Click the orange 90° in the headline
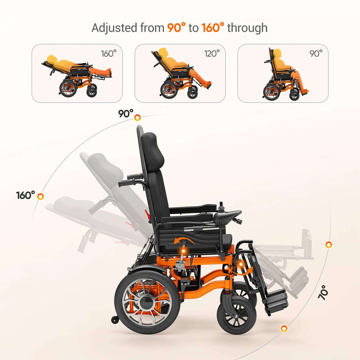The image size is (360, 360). click(x=176, y=27)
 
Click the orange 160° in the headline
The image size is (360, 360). click(x=212, y=27)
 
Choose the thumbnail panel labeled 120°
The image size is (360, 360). click(x=180, y=73)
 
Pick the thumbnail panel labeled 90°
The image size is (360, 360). click(x=283, y=73)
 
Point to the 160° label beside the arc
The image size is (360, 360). click(x=26, y=196)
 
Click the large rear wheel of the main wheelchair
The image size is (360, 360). click(x=148, y=300)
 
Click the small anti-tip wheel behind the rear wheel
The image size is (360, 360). click(x=115, y=320)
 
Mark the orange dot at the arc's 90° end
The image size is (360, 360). click(x=137, y=118)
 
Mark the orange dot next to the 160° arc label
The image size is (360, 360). click(x=40, y=196)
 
